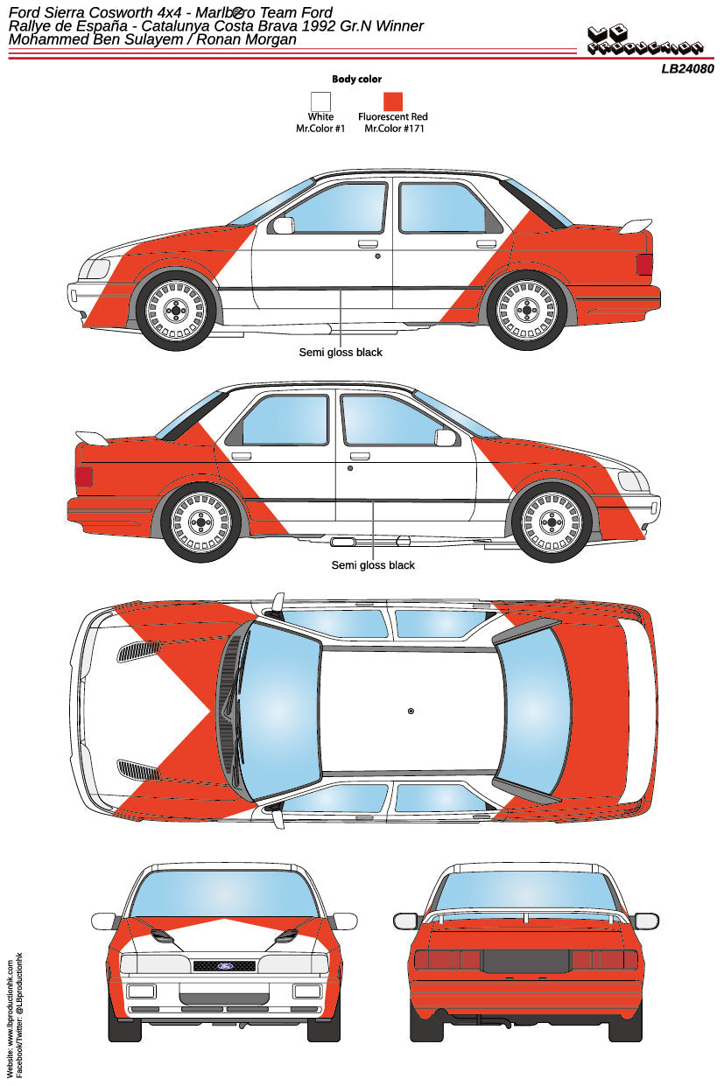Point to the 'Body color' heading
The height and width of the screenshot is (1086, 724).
pyautogui.click(x=356, y=79)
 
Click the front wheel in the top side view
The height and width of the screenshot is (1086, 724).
pyautogui.click(x=176, y=310)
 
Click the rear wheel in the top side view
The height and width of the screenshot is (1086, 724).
pyautogui.click(x=526, y=310)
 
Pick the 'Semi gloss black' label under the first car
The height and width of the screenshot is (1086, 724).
pyautogui.click(x=341, y=353)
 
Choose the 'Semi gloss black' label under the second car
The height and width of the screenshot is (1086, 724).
pyautogui.click(x=373, y=565)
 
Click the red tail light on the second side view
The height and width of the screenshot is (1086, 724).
pyautogui.click(x=84, y=477)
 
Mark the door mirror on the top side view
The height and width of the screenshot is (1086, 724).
pyautogui.click(x=283, y=226)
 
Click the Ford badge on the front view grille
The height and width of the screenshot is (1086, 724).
pyautogui.click(x=223, y=966)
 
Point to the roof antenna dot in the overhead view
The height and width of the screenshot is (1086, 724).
pyautogui.click(x=411, y=711)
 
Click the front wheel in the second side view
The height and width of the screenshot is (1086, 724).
pyautogui.click(x=552, y=522)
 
